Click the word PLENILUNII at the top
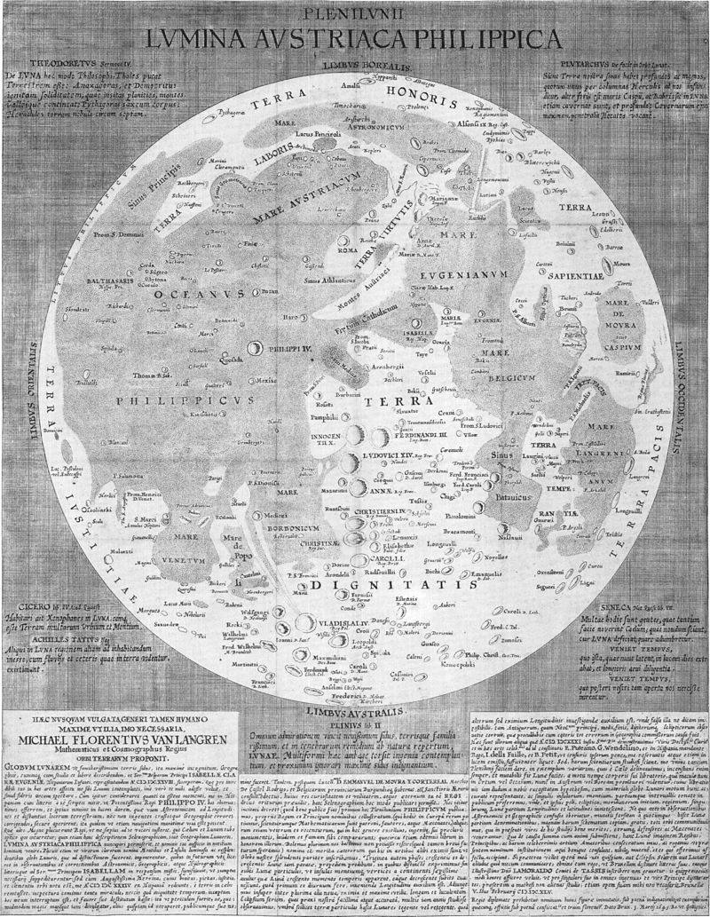(354, 12)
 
